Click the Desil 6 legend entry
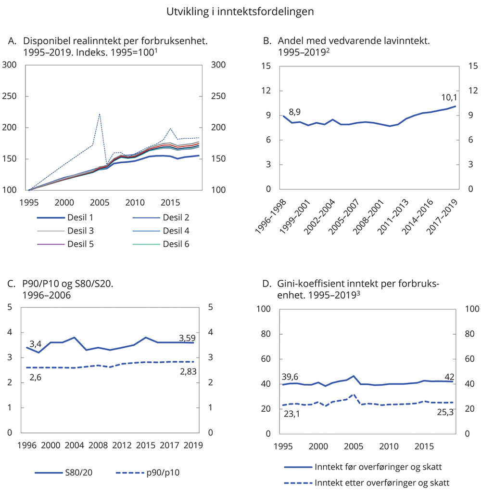coord(176,244)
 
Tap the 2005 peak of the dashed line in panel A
coord(99,114)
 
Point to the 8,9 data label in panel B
coord(295,113)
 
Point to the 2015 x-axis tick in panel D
coord(424,445)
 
